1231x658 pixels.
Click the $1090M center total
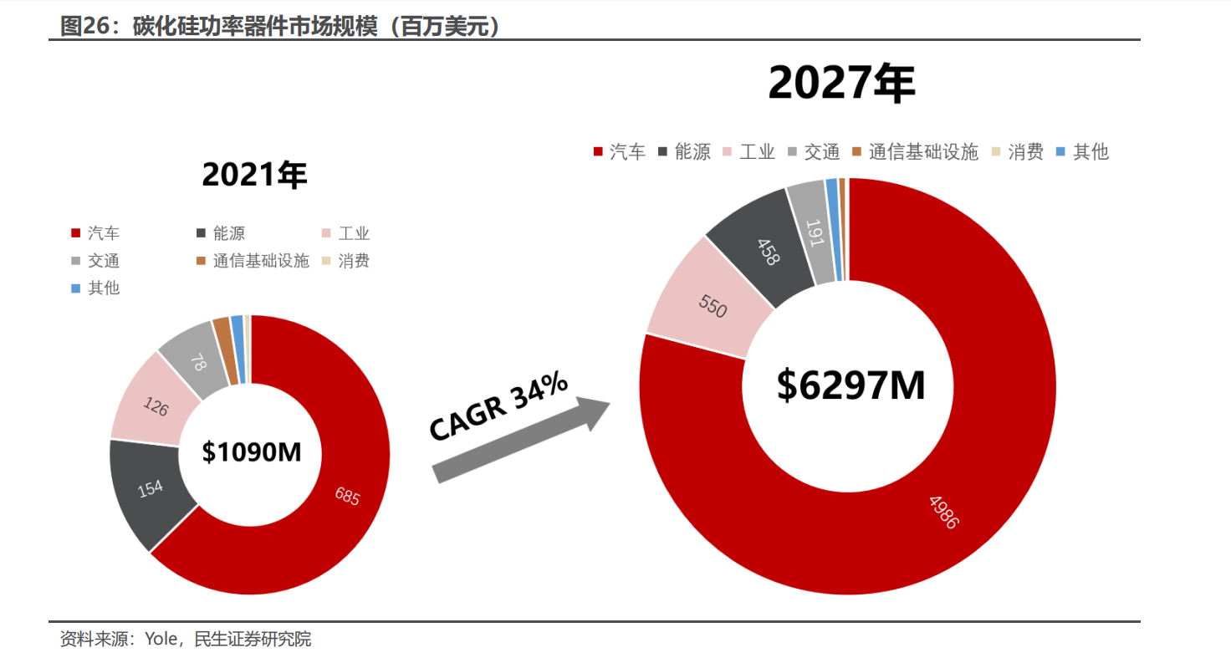tap(251, 451)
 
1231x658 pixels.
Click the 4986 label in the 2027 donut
tap(943, 511)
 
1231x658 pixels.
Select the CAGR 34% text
tap(498, 406)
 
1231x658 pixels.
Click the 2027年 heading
tap(841, 84)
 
